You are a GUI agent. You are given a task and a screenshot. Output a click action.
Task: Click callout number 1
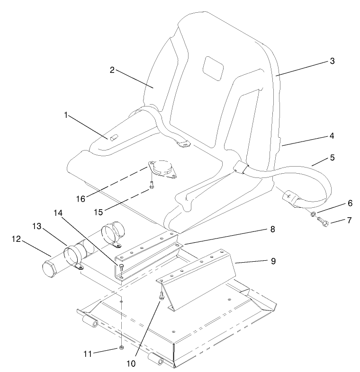coord(67,115)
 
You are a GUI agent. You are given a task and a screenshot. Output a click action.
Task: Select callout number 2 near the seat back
coord(112,70)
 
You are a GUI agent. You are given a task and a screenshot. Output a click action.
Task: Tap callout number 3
coord(332,61)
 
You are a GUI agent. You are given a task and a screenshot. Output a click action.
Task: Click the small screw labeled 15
coord(151,186)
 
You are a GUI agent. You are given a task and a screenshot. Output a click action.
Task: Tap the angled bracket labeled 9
coord(199,279)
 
